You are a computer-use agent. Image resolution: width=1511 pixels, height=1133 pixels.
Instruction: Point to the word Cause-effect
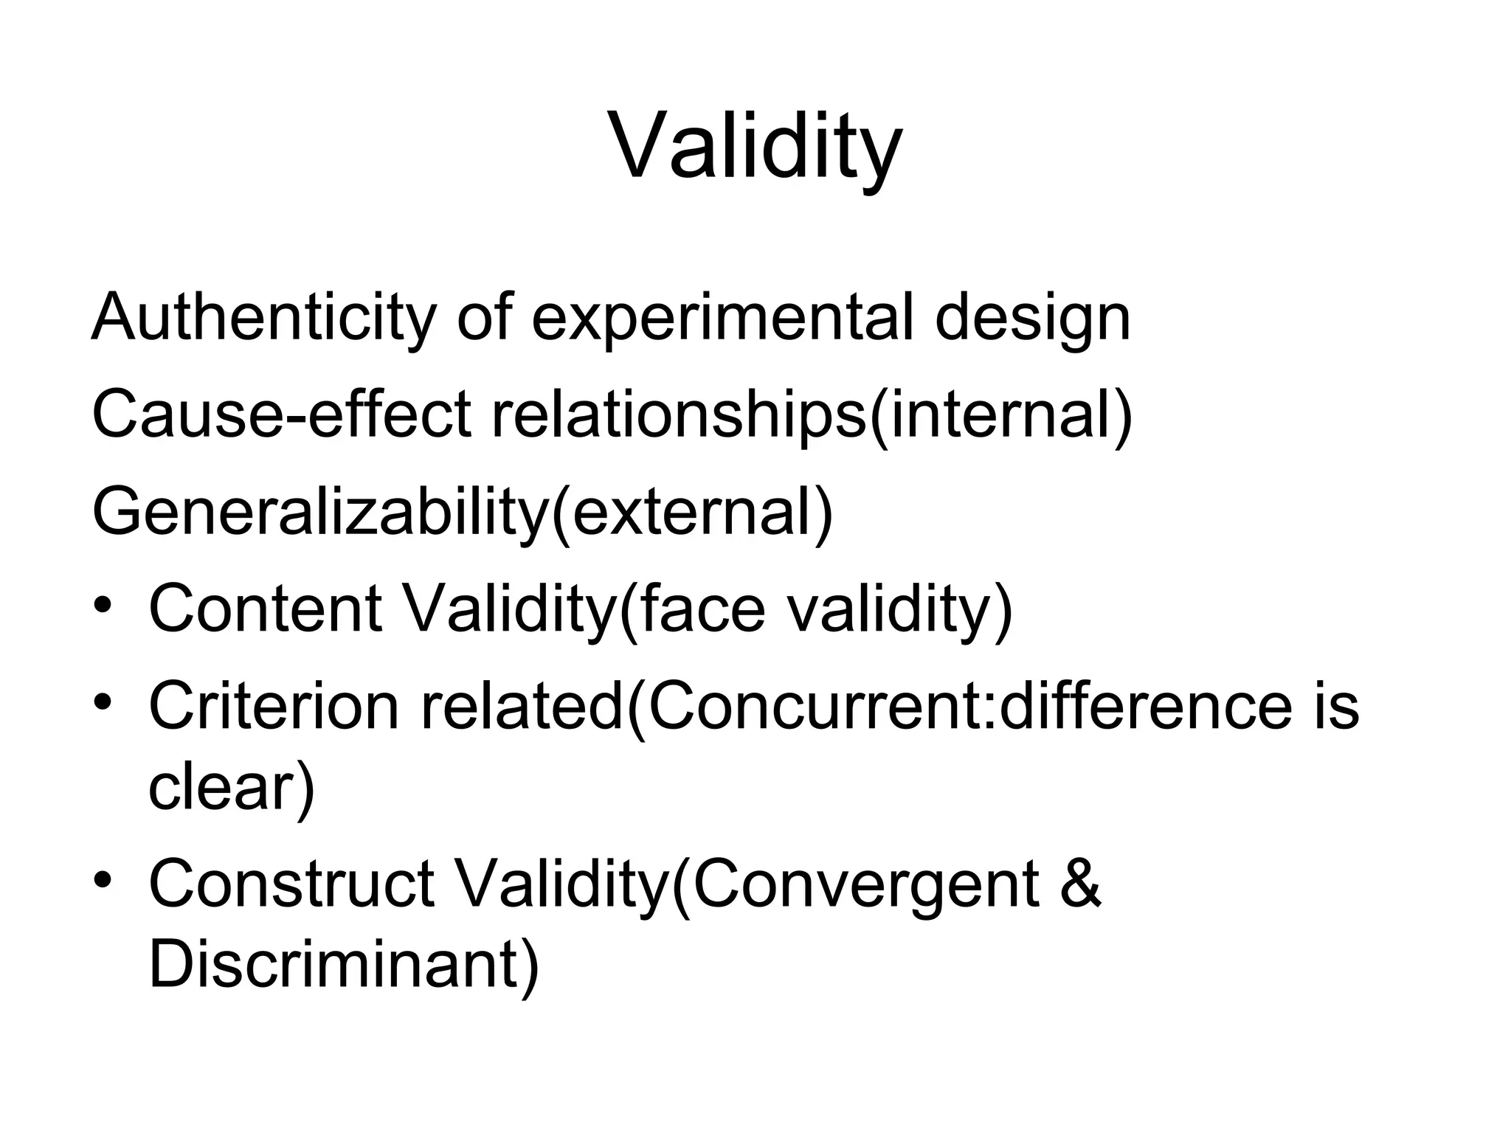click(281, 414)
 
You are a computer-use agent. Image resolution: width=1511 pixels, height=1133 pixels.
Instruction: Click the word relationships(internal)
click(812, 414)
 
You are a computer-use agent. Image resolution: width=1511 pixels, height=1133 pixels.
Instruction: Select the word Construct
click(292, 884)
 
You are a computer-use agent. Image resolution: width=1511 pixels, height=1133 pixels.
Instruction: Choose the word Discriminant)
click(344, 965)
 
